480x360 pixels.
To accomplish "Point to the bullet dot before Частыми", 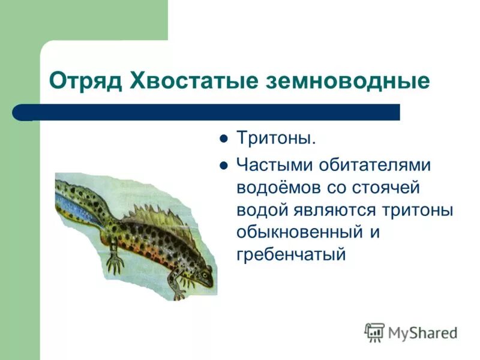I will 224,164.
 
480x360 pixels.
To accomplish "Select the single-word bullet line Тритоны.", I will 275,139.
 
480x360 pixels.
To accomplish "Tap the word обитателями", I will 380,164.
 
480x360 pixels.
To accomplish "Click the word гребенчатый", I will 292,254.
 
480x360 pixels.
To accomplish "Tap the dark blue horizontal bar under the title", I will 216,112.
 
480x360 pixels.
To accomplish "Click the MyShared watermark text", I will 422,332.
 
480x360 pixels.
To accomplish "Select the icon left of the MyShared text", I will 374,332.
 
